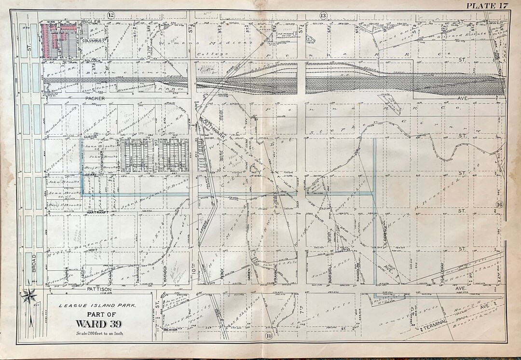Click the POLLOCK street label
coord(92,61)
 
